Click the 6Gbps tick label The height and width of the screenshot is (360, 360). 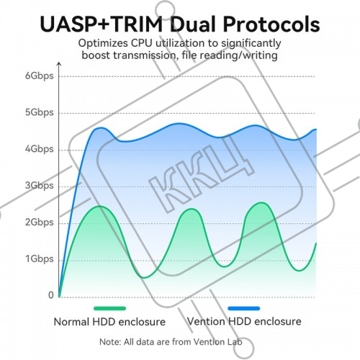[40, 76]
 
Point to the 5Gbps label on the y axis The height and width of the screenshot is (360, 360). [40, 112]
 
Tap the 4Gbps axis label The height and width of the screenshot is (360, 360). [40, 149]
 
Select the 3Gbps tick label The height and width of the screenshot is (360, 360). [40, 186]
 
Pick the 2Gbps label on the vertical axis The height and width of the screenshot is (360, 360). [40, 222]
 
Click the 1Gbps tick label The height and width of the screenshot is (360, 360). [40, 259]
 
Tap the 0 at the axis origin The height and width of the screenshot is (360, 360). [51, 295]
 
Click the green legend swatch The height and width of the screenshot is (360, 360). [109, 308]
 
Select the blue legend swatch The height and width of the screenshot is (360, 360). [244, 308]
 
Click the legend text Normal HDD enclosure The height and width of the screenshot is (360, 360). [109, 322]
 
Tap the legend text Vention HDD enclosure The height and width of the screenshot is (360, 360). [244, 321]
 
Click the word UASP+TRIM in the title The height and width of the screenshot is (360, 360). [101, 24]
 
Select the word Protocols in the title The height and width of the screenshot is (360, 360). [271, 24]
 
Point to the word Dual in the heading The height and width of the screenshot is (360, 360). [193, 24]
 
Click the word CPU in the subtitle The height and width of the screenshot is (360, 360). [141, 43]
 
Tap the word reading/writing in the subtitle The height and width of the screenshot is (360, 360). [239, 56]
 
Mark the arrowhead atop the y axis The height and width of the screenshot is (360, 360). [59, 64]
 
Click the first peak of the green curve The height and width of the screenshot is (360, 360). [100, 206]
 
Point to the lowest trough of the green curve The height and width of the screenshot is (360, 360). [144, 278]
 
